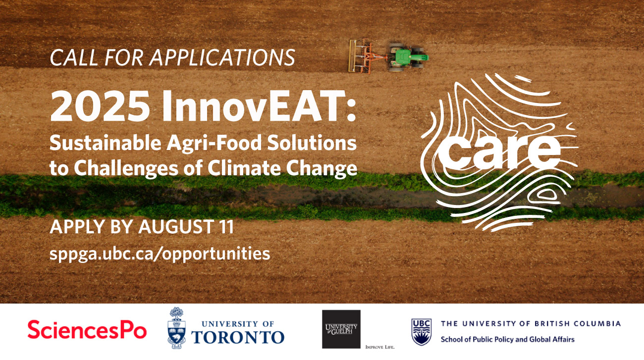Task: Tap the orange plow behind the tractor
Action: click(367, 56)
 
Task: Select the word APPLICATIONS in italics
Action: click(222, 57)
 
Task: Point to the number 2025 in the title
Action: click(100, 106)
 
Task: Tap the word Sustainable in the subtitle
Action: click(105, 143)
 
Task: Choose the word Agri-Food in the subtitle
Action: click(214, 143)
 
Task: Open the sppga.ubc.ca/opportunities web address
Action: click(160, 254)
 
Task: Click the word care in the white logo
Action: click(499, 153)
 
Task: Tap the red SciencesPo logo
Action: click(87, 329)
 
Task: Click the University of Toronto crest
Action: click(176, 328)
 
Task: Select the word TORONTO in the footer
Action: click(238, 337)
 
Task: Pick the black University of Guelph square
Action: click(341, 329)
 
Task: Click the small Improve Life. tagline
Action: click(380, 347)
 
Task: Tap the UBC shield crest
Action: click(421, 332)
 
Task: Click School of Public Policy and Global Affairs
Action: click(507, 340)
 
